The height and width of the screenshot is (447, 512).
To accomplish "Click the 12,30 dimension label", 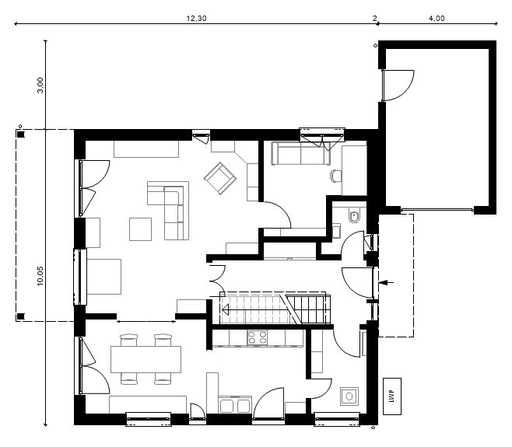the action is point(196,19).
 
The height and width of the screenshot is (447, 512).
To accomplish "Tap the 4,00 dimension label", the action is point(437,19).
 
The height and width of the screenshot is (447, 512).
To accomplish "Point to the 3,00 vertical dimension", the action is point(40,86).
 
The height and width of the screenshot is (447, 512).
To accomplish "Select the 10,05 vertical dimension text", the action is point(40,276).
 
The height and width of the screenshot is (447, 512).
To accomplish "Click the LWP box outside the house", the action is point(392,396).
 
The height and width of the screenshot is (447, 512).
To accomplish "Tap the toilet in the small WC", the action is point(354,216).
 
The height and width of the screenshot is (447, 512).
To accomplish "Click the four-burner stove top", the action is point(258,337).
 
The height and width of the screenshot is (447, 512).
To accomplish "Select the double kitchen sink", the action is point(235,406).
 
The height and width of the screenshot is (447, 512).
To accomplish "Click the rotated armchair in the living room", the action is point(220,179).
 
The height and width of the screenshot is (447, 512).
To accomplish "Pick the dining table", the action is point(146,359).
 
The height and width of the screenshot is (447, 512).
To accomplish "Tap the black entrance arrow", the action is point(386,282).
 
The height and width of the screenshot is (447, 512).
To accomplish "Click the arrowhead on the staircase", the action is point(225,309).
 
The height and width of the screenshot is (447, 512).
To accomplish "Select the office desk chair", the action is point(335,176).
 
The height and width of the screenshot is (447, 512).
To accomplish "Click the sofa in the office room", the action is point(300,153).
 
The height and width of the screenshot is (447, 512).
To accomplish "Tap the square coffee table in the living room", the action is point(140,229).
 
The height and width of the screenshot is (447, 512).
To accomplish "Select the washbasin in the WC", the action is point(336,231).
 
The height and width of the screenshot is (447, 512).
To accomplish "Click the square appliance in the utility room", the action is point(349,396).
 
